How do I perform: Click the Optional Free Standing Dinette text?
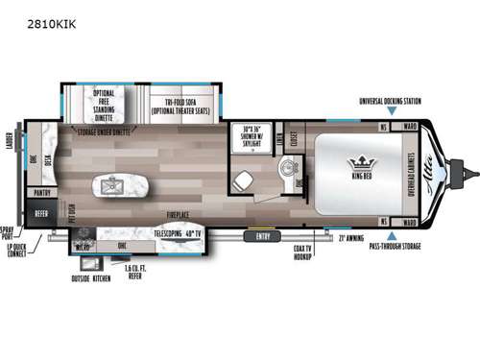click(x=104, y=102)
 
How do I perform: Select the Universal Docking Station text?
click(x=390, y=99)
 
